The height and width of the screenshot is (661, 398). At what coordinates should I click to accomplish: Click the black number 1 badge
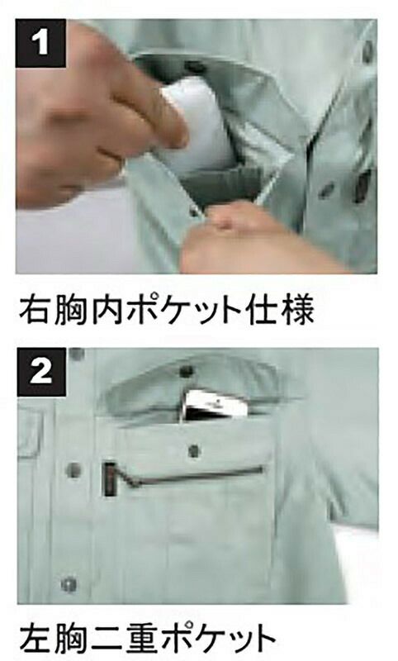tap(40, 44)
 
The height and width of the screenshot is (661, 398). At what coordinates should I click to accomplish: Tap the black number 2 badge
tap(41, 372)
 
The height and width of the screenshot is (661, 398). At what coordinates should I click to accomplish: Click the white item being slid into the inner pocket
tap(197, 122)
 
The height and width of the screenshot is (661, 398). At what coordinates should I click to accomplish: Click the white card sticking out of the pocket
tap(212, 405)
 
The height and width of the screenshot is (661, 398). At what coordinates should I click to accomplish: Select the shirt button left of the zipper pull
tap(73, 469)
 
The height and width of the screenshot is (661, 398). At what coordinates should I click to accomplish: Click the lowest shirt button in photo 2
tap(69, 584)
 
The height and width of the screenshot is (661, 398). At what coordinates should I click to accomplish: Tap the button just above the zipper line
tap(194, 450)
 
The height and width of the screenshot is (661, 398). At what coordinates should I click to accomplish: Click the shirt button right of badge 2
tap(77, 354)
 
